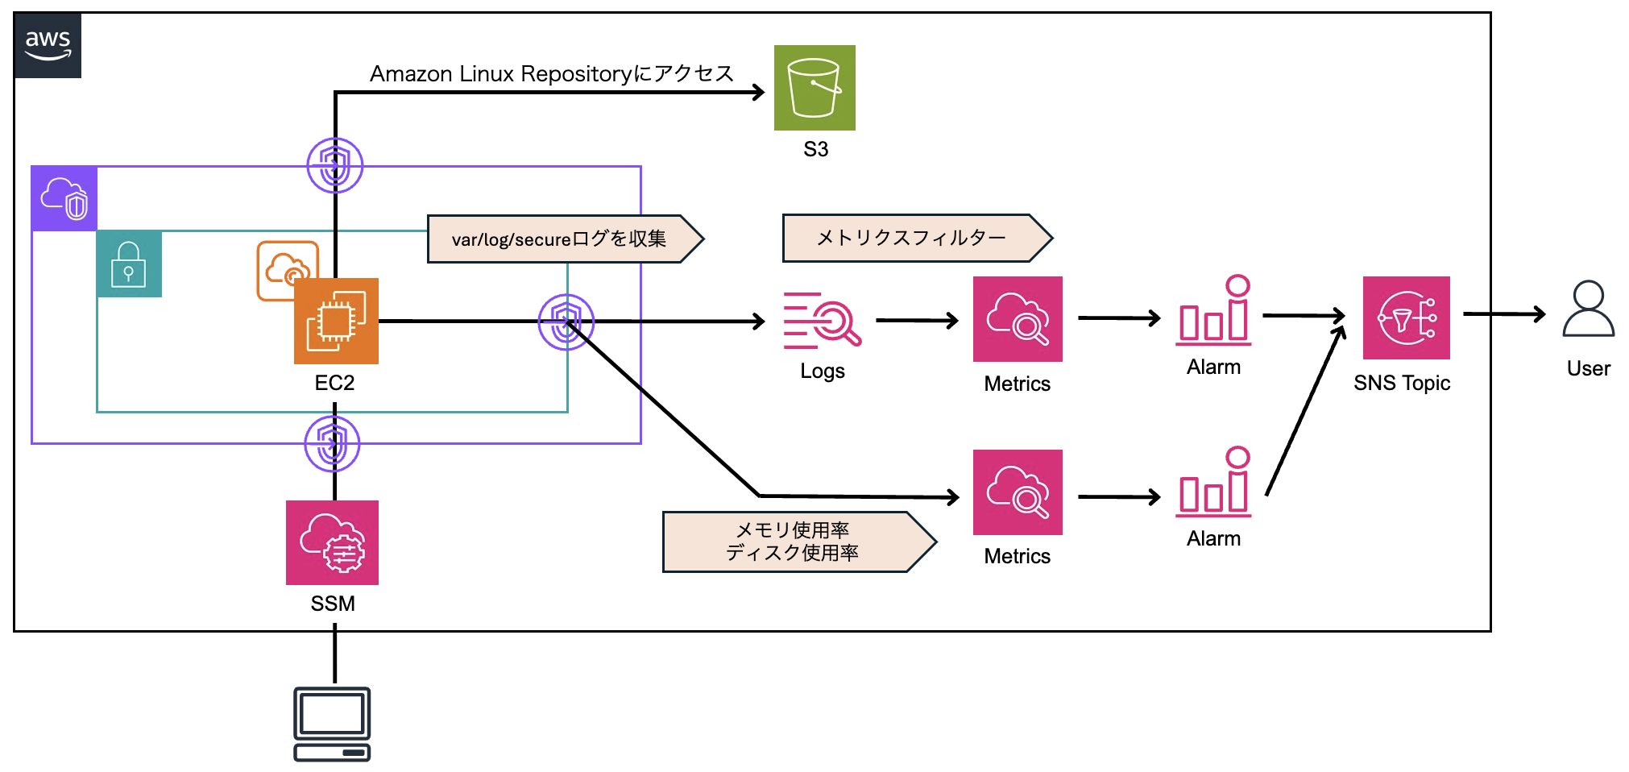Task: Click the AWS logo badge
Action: (x=48, y=45)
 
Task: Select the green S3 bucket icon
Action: (x=814, y=88)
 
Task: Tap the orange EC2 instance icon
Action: (x=336, y=321)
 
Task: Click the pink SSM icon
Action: (x=332, y=542)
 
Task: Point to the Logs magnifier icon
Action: (x=822, y=320)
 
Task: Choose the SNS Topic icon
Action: (x=1406, y=318)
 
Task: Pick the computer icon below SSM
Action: (x=332, y=724)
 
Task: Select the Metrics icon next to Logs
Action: (x=1018, y=319)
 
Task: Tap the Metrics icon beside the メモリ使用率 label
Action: (x=1018, y=492)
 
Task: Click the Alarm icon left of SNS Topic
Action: (x=1214, y=311)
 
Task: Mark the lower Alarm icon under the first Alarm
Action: (x=1214, y=483)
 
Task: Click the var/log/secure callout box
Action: (x=564, y=239)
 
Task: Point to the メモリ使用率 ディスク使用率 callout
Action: (x=798, y=542)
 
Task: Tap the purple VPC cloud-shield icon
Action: (x=64, y=198)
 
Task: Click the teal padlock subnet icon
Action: (x=129, y=264)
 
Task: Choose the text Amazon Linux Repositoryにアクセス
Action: (x=551, y=73)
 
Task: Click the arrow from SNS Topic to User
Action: (x=1503, y=313)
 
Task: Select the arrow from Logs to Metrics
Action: (x=917, y=320)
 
